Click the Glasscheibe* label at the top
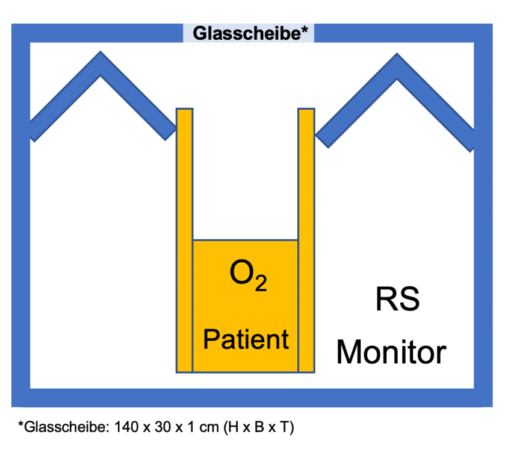(x=249, y=34)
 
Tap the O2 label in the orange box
(x=247, y=277)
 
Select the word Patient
(x=246, y=339)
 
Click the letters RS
(x=397, y=300)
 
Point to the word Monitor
(x=391, y=352)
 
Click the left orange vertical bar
(x=184, y=241)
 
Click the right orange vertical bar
(x=306, y=241)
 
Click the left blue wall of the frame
(x=20, y=241)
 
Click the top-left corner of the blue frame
(x=20, y=33)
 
